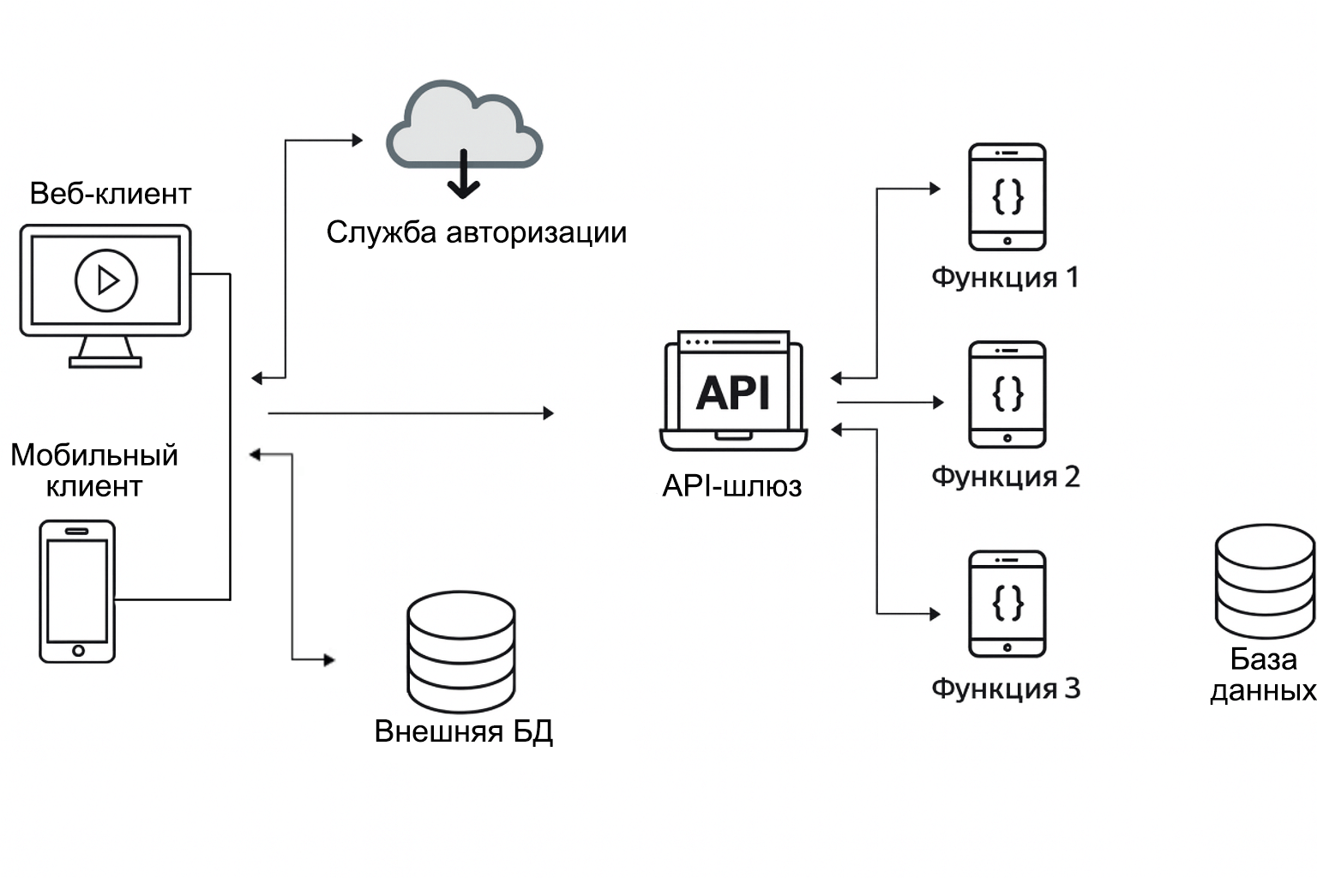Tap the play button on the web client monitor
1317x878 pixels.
point(106,280)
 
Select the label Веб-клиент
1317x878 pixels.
point(110,194)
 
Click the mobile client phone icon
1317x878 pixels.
point(77,592)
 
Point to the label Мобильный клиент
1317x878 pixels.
point(94,470)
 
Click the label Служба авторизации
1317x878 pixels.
point(477,232)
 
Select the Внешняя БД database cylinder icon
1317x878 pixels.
point(461,652)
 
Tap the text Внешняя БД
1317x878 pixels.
point(464,731)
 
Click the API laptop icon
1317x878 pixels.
point(733,390)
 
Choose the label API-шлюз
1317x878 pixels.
point(732,486)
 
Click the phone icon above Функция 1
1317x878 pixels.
point(1007,197)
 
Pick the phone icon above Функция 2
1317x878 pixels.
point(1007,394)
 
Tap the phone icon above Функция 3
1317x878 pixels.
point(1007,604)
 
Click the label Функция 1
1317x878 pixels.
point(1005,278)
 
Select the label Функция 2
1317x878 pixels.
point(1005,477)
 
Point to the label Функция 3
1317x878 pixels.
point(1005,689)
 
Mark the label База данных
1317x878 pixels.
point(1263,675)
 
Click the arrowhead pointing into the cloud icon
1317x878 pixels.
point(358,140)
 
